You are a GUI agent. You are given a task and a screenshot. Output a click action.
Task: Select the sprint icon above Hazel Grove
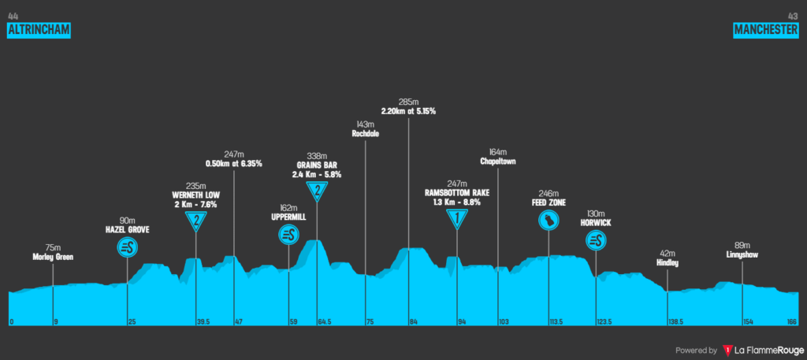(128, 247)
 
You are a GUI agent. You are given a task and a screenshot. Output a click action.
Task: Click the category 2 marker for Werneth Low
(196, 221)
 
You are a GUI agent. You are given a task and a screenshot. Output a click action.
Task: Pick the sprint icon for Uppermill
(288, 234)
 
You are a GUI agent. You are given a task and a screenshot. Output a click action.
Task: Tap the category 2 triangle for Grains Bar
(317, 191)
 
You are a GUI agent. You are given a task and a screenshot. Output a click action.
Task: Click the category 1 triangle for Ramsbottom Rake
(457, 219)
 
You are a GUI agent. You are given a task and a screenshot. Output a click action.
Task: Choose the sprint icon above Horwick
(596, 240)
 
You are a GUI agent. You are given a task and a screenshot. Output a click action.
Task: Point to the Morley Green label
(53, 257)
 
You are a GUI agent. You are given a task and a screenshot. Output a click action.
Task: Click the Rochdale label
(366, 134)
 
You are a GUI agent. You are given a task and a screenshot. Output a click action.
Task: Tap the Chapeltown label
(497, 161)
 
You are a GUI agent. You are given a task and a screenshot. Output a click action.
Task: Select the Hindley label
(667, 262)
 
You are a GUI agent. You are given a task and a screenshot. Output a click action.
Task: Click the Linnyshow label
(742, 254)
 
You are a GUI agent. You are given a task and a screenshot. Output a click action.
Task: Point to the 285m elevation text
(408, 102)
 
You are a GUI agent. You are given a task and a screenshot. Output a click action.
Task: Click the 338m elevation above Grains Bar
(317, 155)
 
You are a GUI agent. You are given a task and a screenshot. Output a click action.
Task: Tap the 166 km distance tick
(792, 321)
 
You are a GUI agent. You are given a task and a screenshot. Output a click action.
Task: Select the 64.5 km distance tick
(323, 321)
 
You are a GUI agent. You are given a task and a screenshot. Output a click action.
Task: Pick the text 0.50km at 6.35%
(234, 164)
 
